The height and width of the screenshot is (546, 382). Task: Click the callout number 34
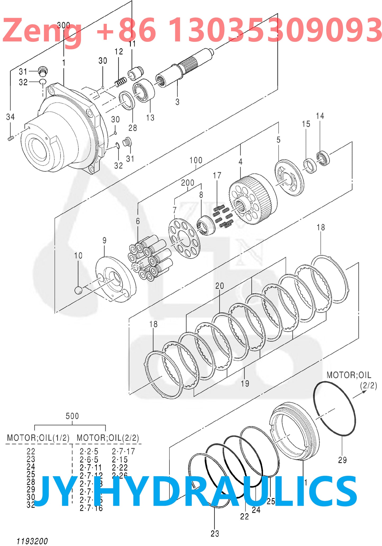point(10,117)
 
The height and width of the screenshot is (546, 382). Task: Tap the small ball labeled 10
point(79,290)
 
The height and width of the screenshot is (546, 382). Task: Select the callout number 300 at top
point(63,25)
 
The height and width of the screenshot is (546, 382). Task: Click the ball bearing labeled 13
point(144,91)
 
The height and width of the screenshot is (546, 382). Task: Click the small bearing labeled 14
point(323,158)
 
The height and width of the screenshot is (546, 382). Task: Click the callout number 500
point(72,416)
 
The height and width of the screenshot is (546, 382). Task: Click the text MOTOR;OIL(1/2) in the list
point(38,438)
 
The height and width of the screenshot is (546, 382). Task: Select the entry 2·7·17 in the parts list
point(123,451)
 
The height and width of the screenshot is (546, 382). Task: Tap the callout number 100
point(196,160)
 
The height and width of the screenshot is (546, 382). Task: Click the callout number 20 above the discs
point(219,286)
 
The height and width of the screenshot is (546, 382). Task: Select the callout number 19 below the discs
point(245,383)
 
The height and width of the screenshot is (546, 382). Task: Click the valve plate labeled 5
point(289,177)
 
